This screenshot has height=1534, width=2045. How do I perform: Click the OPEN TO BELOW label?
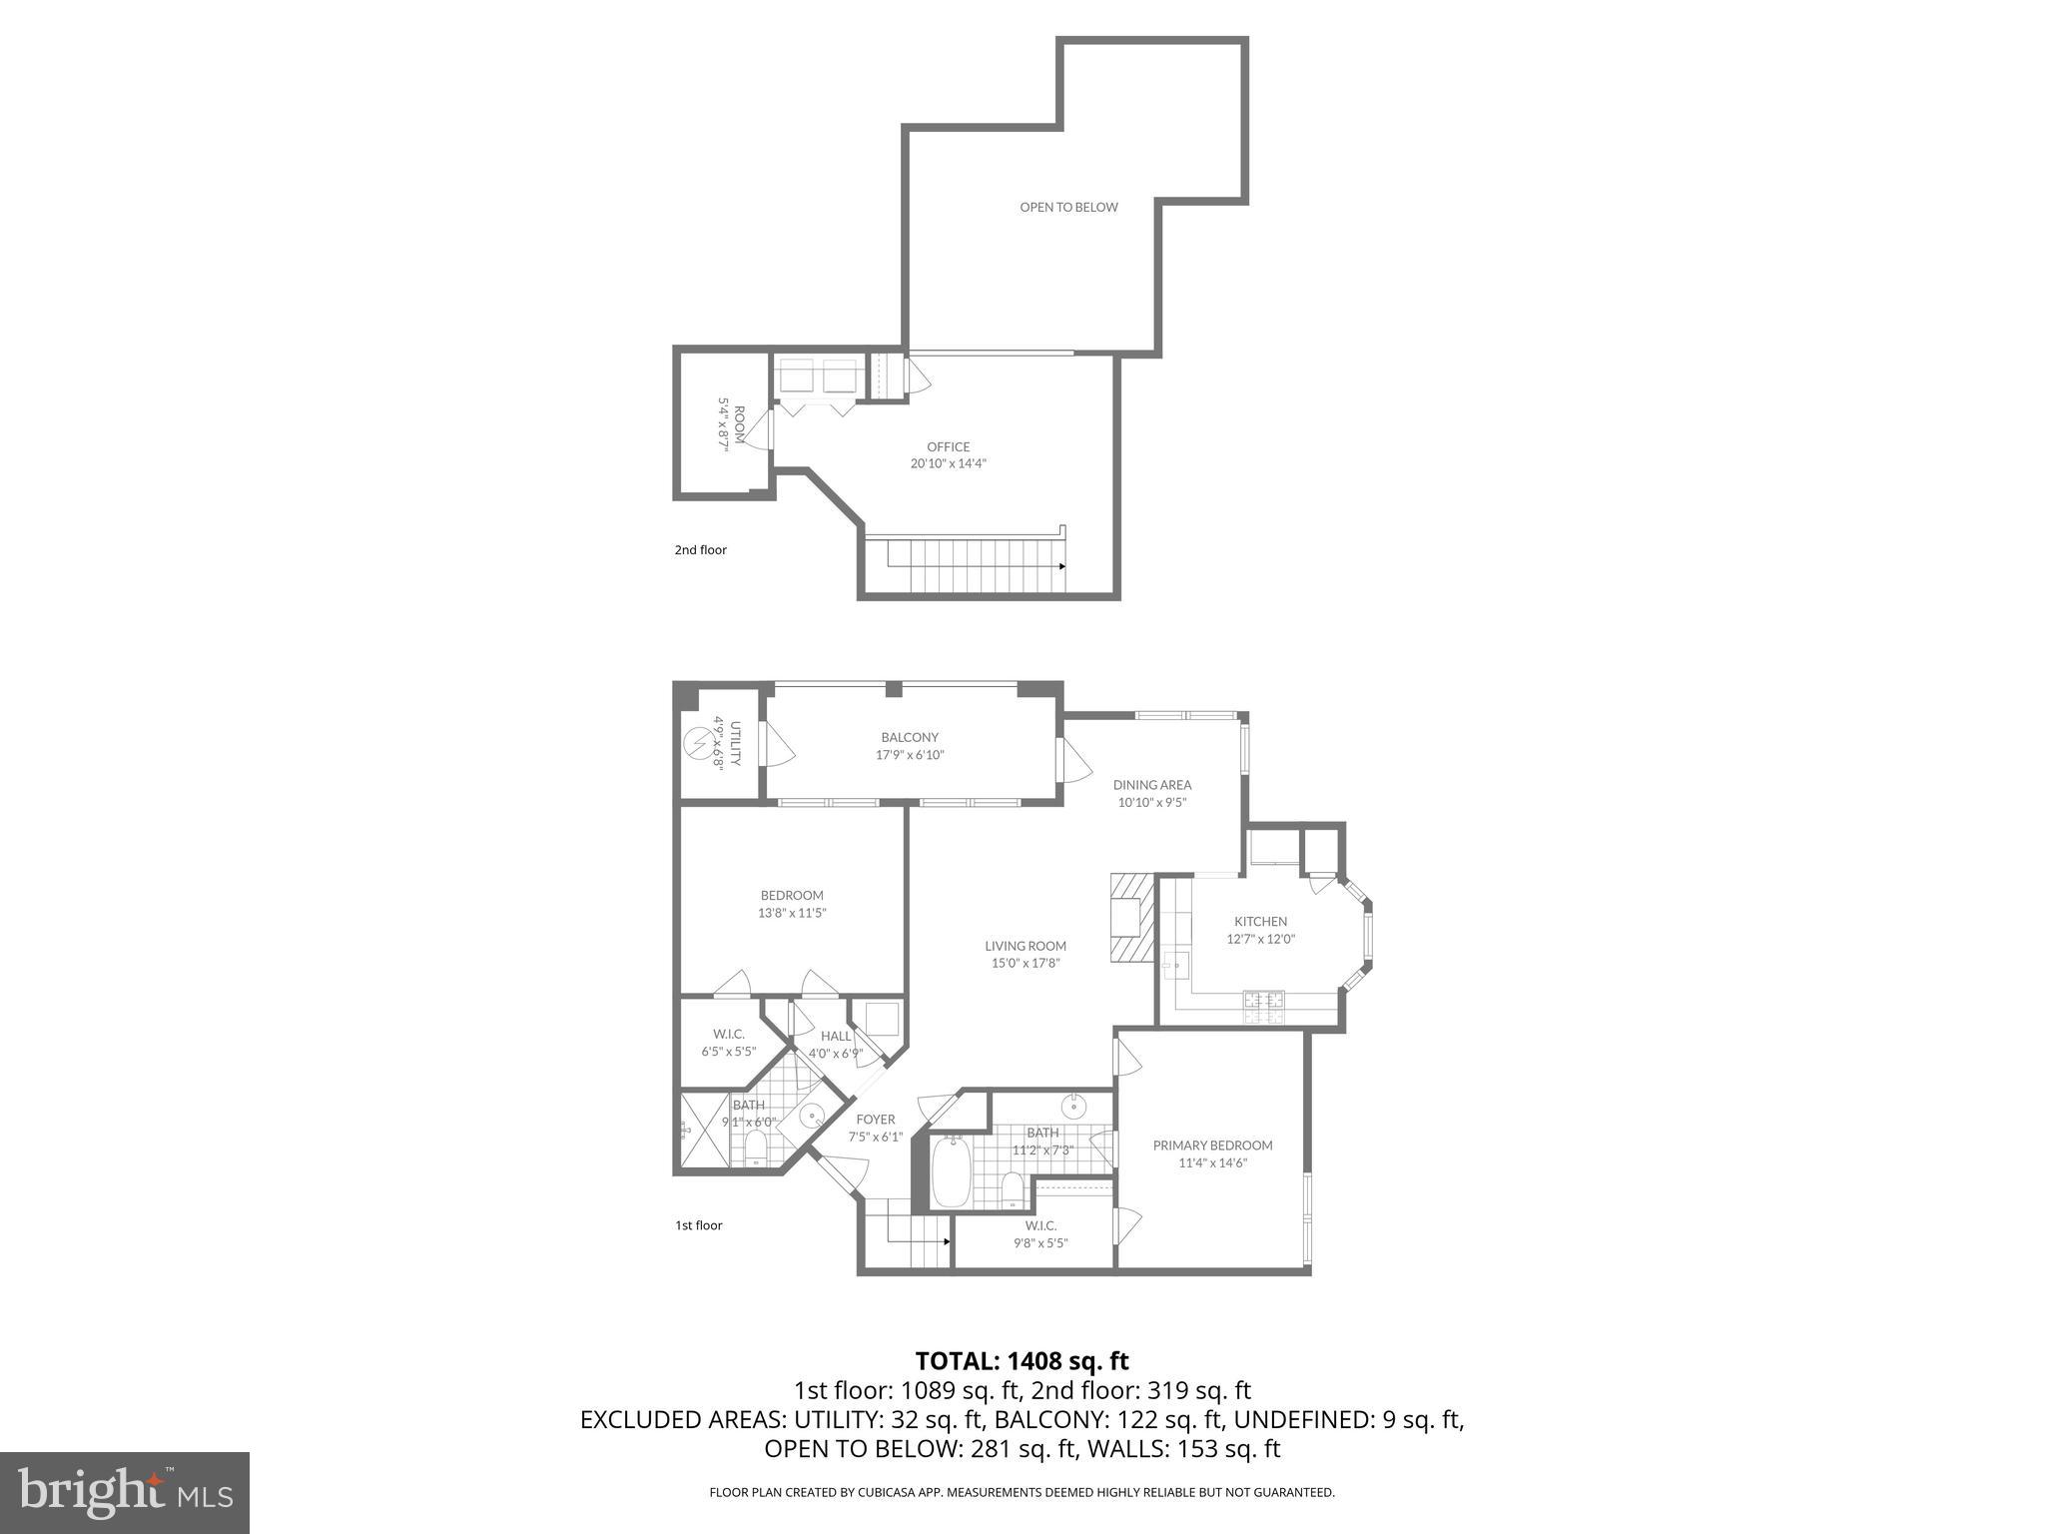[x=1068, y=208]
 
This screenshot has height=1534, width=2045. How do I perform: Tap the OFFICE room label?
[x=948, y=447]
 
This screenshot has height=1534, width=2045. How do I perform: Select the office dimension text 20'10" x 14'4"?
[x=948, y=463]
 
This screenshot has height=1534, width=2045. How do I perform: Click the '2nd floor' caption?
[x=700, y=550]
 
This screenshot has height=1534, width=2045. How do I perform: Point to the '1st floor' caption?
[x=698, y=1225]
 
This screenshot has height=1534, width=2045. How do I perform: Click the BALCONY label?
[x=910, y=738]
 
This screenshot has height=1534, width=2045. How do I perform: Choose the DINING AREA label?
[x=1152, y=785]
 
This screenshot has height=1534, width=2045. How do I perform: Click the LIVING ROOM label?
[x=1025, y=946]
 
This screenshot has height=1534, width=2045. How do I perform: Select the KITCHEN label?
[x=1260, y=922]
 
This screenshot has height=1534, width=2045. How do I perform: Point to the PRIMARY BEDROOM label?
[x=1212, y=1146]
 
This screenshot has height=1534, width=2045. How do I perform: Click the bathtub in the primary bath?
[x=951, y=1173]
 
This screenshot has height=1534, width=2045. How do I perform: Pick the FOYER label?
[x=876, y=1120]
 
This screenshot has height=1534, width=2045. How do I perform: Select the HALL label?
[x=836, y=1036]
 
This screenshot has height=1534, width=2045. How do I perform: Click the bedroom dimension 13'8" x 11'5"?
[x=792, y=913]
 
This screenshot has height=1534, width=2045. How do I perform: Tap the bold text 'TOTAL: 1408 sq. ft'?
[x=1022, y=1361]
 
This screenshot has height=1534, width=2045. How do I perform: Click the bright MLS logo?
[x=125, y=1492]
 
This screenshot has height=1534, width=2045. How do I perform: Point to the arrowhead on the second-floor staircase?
[x=1061, y=566]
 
